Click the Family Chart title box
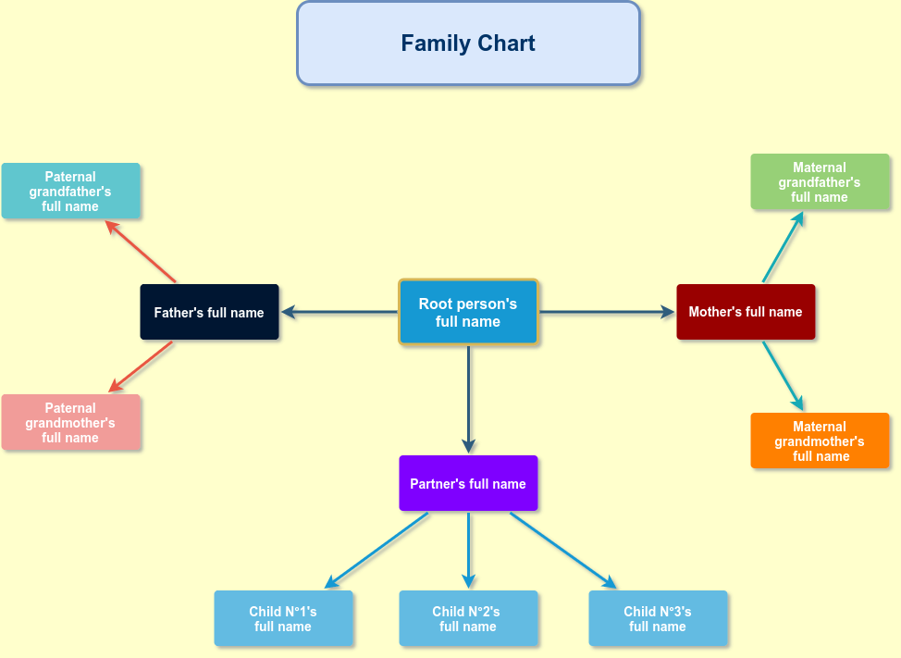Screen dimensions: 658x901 coord(468,43)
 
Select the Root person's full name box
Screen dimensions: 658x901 coord(468,313)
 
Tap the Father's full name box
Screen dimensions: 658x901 coord(209,313)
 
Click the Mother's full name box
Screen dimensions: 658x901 coord(746,312)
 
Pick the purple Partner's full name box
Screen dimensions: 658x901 coord(468,483)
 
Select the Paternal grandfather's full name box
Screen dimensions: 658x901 coord(70,192)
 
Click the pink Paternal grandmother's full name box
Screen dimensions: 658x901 coord(70,423)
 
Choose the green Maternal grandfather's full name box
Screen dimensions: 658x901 coord(820,182)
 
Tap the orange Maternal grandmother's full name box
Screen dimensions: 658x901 coord(820,441)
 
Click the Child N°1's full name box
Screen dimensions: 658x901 coord(283,618)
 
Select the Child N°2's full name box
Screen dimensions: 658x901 coord(468,618)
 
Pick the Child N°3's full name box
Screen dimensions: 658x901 coord(658,618)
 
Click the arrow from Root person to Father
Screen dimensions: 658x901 coord(339,313)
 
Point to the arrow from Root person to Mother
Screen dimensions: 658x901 coord(607,313)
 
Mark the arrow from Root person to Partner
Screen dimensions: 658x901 coord(468,398)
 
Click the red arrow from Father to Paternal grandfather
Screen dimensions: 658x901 coord(141,251)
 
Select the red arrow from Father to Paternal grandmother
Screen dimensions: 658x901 coord(142,366)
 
